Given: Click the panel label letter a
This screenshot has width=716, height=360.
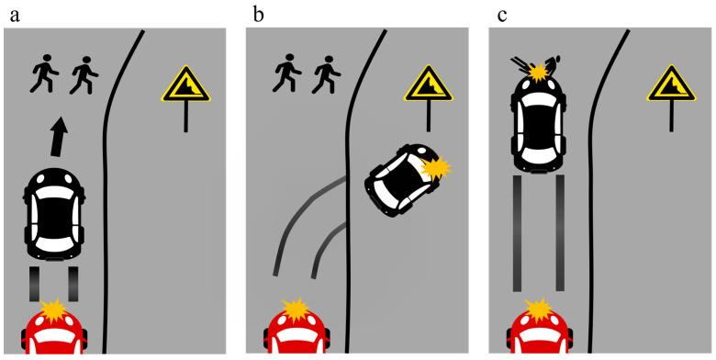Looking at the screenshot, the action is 15,16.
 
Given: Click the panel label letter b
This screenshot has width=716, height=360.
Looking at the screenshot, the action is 258,14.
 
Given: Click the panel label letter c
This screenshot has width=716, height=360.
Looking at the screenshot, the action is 502,16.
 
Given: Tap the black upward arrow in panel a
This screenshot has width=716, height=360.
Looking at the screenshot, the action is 59,137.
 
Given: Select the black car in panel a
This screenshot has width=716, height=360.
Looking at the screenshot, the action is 54,214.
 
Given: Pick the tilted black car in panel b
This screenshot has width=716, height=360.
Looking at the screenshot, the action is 403,180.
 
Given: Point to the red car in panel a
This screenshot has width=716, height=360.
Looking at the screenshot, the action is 54,332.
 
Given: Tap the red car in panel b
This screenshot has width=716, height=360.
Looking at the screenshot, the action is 296,332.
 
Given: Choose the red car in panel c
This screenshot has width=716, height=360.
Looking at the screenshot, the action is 540,332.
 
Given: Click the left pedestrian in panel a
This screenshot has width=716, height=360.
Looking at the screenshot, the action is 44,74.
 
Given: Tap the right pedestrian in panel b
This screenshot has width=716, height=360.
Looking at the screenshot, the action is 327,74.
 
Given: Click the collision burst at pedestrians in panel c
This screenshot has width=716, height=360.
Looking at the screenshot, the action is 537,72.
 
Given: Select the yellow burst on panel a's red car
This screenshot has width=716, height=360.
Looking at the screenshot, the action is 54,309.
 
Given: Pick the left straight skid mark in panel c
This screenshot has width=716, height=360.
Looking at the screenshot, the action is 517,233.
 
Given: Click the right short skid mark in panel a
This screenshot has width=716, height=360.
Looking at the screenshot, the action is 73,283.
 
